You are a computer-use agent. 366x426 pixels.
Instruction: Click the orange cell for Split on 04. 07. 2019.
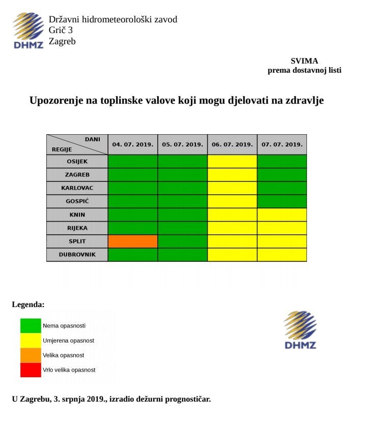[132, 241]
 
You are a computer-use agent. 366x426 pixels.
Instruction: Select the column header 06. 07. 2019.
[232, 144]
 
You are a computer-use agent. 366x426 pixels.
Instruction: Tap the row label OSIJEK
[77, 161]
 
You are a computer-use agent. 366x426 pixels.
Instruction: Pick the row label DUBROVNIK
[77, 254]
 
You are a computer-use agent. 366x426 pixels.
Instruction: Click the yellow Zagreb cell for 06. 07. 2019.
[232, 174]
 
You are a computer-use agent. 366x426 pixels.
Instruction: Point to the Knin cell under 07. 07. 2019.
[282, 215]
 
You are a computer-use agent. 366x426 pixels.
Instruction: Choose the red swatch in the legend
[31, 370]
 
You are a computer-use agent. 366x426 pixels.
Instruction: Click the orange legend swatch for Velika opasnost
[31, 355]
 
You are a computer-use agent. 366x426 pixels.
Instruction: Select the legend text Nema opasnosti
[64, 325]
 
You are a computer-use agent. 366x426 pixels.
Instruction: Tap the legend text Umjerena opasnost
[68, 340]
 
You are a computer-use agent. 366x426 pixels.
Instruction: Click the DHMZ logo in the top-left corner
[29, 31]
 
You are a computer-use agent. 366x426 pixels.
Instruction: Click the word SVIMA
[304, 61]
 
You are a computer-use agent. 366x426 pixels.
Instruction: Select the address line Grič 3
[61, 31]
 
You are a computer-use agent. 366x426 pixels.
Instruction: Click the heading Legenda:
[29, 305]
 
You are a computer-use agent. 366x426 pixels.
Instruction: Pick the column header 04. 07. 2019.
[132, 144]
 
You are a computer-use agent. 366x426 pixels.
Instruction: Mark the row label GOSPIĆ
[77, 201]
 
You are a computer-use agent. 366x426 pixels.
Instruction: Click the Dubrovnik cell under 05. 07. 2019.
[182, 254]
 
